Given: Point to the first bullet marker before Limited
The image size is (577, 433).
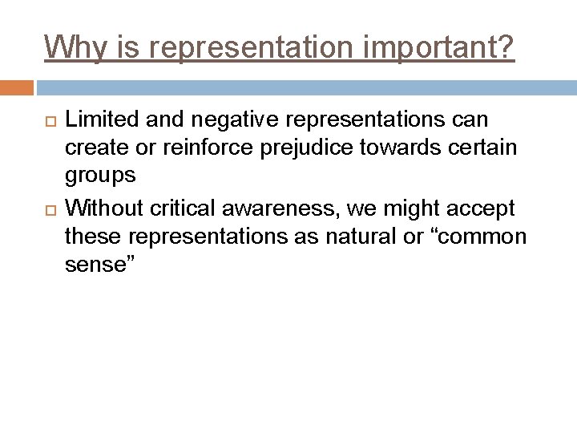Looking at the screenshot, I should (47, 120).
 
